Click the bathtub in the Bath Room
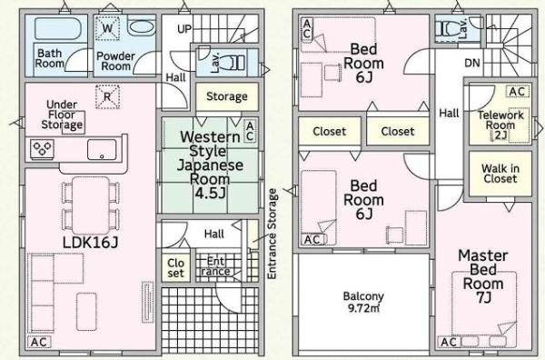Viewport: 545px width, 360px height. [58, 28]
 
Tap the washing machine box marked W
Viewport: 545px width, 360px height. [107, 28]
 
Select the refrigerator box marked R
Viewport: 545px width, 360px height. [107, 96]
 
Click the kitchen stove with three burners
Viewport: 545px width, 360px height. [42, 149]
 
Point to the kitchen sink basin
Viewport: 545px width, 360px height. [102, 150]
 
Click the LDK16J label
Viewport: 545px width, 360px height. [90, 242]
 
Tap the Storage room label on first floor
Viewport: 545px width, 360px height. [227, 96]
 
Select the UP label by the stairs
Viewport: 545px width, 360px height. [184, 29]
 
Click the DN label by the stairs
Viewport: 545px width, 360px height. [472, 63]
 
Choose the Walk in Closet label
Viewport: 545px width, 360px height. [500, 174]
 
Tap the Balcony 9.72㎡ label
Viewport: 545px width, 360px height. [363, 302]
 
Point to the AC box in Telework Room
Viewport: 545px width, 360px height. [517, 92]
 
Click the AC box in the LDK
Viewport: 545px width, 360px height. [39, 342]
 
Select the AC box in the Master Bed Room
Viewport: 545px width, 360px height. [449, 342]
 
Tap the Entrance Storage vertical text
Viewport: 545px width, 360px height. [272, 234]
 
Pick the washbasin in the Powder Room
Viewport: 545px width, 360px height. [143, 26]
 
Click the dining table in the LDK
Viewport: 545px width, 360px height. [90, 205]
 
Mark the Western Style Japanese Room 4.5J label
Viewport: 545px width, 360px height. [210, 165]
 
